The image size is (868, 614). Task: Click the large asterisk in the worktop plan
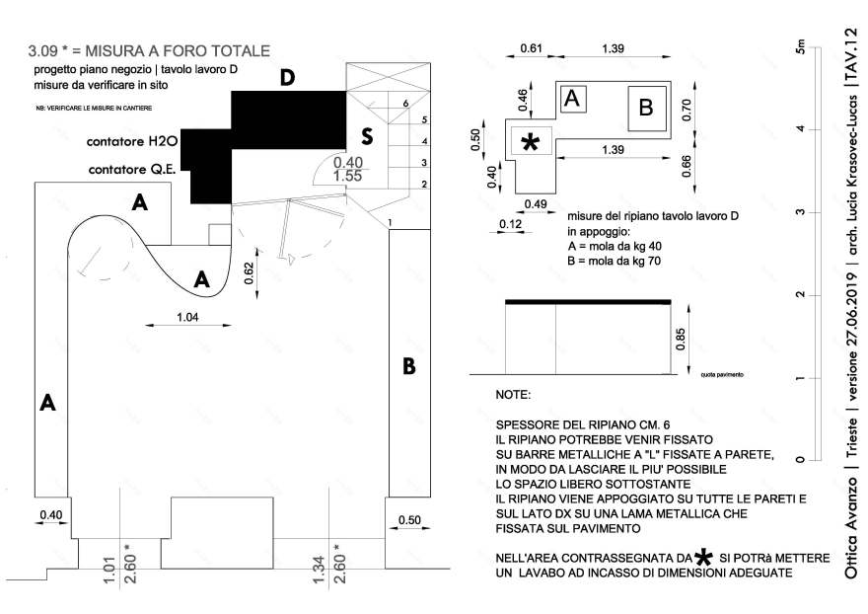pos(530,143)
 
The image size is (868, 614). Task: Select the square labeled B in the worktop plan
pos(646,107)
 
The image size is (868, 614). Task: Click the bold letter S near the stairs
pos(366,135)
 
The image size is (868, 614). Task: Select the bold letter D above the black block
pos(287,78)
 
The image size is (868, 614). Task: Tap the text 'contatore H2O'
pos(131,142)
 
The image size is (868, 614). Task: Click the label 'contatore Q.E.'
pos(132,169)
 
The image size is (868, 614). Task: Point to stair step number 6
pos(405,103)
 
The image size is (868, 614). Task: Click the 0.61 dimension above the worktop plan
pos(531,48)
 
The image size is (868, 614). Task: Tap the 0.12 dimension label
pos(511,223)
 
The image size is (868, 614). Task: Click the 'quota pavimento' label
pos(722,375)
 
